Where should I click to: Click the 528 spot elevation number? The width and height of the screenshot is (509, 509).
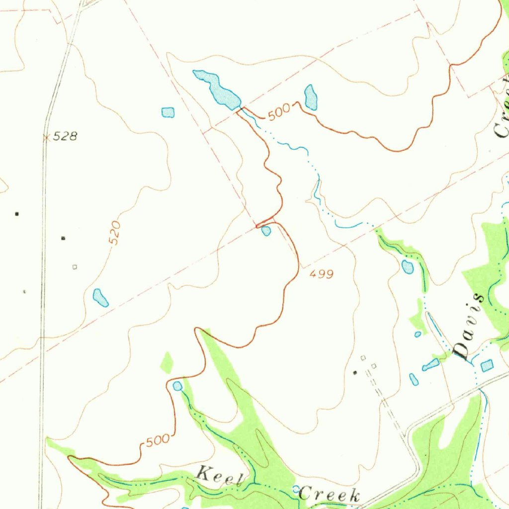tap(66, 136)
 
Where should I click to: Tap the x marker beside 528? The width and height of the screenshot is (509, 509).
tap(46, 138)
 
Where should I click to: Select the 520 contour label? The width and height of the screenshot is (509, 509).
tap(114, 233)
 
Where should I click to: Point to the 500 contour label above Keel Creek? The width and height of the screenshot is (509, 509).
tap(158, 440)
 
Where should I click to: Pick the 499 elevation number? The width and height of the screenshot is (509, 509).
tap(321, 273)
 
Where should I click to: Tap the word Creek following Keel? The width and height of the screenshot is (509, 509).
tap(329, 495)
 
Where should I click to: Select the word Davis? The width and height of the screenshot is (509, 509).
tap(469, 327)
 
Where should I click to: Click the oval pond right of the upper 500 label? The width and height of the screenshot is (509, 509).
tap(311, 97)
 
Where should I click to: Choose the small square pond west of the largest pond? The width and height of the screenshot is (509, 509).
tap(168, 112)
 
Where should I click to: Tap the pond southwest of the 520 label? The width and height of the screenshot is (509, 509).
tap(100, 297)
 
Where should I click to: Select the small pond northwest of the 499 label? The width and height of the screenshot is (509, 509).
tap(266, 231)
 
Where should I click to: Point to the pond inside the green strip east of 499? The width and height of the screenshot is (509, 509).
tap(407, 267)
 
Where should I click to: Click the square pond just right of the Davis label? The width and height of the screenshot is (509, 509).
tap(487, 365)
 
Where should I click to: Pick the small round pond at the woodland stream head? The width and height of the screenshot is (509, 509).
tap(177, 386)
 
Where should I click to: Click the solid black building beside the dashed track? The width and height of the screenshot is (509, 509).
tap(354, 372)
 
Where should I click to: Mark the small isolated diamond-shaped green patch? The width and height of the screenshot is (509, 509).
tap(167, 363)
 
